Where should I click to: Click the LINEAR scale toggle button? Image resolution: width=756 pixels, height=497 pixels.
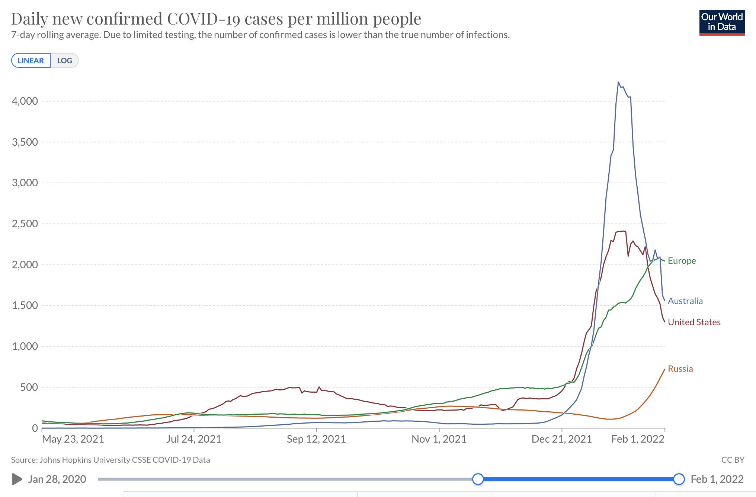coord(31,61)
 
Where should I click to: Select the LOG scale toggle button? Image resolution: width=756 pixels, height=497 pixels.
coord(64,61)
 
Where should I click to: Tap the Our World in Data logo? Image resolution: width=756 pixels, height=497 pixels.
coord(722,22)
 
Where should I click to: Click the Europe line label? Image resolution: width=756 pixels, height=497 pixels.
coord(682,261)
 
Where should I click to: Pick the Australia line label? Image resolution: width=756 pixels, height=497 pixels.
coord(685,301)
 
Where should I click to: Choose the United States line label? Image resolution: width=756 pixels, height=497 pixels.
coord(694,322)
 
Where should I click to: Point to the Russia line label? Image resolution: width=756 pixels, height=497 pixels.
coord(680,369)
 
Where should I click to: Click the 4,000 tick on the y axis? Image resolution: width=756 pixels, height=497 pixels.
coord(25,101)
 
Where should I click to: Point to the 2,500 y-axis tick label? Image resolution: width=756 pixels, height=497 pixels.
coord(25,224)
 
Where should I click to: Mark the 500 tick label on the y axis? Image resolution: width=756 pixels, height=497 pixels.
coord(29,387)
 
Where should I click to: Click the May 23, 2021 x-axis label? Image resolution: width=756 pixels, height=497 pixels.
coord(73,439)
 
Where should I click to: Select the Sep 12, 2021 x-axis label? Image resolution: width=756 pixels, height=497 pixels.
coord(316,439)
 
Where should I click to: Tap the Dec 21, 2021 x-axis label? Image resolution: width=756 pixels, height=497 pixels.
coord(561,439)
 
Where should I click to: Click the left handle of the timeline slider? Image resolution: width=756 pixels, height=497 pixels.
coord(478,479)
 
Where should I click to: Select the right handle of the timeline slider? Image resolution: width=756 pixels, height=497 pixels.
coord(679,479)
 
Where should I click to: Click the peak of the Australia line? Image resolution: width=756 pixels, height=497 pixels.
coord(618,82)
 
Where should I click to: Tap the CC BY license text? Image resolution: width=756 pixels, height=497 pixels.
coord(733,460)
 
